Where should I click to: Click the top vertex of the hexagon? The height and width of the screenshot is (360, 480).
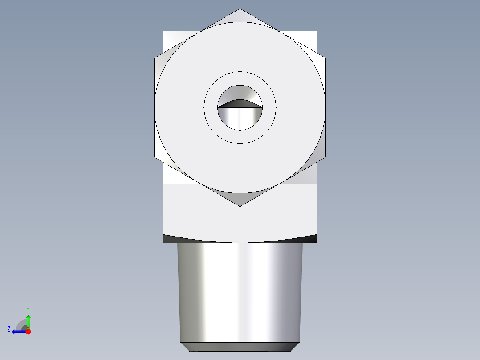[x=240, y=9]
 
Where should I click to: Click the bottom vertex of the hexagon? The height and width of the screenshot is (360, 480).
[x=240, y=206]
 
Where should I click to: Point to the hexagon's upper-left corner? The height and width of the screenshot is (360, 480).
[x=155, y=57]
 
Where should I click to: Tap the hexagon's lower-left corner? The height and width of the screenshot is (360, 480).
[x=155, y=157]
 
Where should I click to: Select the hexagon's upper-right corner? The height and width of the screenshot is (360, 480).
[x=325, y=57]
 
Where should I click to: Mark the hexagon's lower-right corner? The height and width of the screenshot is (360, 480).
[x=325, y=157]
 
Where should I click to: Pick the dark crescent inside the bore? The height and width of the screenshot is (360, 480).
[x=240, y=103]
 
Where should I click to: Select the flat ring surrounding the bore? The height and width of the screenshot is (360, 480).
[x=240, y=136]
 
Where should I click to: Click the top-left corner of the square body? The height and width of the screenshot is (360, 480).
[x=163, y=31]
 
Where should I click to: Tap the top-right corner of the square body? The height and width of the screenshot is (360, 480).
[x=317, y=31]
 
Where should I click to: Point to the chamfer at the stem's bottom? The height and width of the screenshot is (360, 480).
[x=240, y=347]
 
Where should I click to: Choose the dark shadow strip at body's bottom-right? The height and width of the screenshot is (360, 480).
[x=310, y=239]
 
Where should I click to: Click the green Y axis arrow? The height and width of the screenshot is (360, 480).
[x=28, y=321]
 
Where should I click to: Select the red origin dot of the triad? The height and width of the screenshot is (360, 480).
[x=28, y=331]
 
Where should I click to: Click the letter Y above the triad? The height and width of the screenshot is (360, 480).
[x=28, y=309]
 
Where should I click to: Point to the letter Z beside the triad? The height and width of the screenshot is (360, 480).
[x=9, y=329]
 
